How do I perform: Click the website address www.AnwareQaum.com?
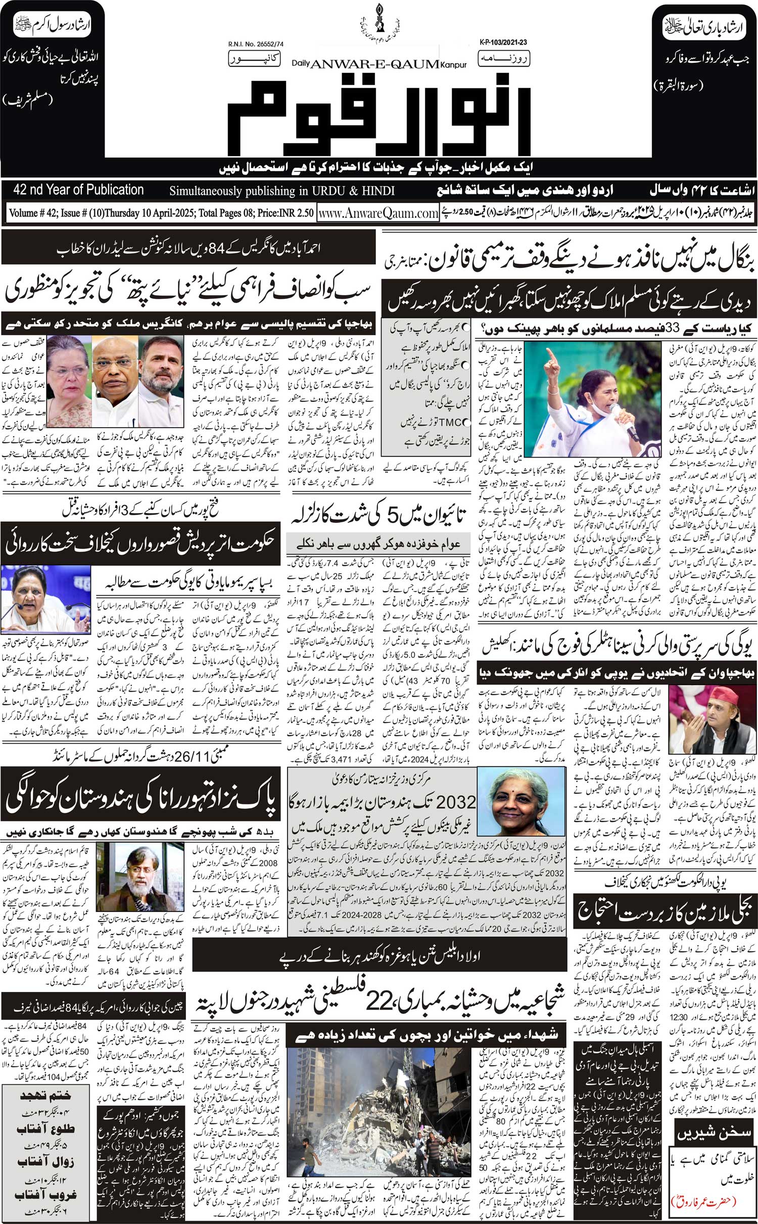pyautogui.click(x=378, y=213)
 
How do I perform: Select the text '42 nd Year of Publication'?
pyautogui.click(x=79, y=190)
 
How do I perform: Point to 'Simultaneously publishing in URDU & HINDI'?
pyautogui.click(x=282, y=191)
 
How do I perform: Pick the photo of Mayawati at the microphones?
pyautogui.click(x=45, y=598)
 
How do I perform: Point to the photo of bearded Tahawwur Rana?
pyautogui.click(x=139, y=889)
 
